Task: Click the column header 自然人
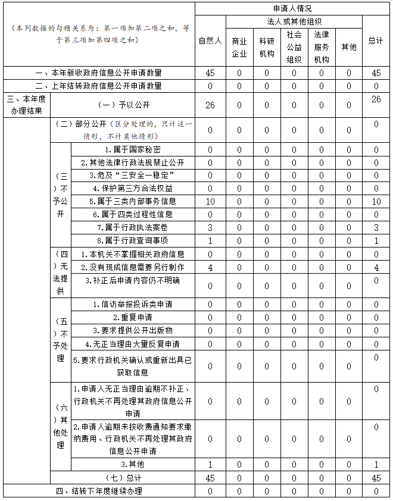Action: (210, 40)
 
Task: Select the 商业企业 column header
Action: (239, 47)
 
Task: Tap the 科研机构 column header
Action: (267, 47)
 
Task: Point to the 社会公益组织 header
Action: (294, 47)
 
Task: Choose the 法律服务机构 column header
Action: (322, 47)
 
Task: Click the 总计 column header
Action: (376, 40)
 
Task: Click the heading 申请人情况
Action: (292, 9)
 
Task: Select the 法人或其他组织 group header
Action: (294, 21)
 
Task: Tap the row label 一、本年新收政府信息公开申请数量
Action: (99, 73)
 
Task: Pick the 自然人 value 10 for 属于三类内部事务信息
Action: (210, 201)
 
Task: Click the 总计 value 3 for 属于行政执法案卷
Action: (376, 227)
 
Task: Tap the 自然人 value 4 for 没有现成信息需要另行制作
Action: (210, 267)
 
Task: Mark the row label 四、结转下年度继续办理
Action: (99, 491)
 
